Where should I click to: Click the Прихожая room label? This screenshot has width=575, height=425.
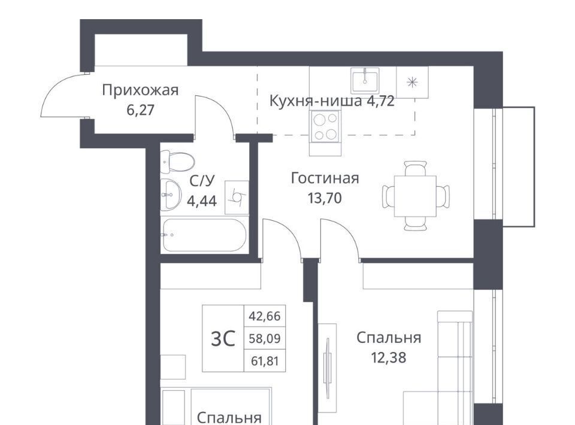click(x=140, y=90)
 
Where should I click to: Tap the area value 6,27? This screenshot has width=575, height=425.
click(x=140, y=110)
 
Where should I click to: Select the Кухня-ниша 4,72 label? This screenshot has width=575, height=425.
click(x=332, y=101)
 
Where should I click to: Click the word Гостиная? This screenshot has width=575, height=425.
click(x=325, y=178)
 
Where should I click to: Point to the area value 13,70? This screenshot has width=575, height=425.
click(x=325, y=198)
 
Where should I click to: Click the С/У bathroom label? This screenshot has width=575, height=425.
click(x=202, y=181)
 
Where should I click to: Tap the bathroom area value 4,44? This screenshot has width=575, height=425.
click(x=202, y=201)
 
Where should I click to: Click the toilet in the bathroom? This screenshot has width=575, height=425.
click(x=177, y=162)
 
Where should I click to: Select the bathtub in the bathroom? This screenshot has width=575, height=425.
click(x=204, y=235)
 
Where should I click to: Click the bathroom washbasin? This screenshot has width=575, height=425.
click(x=171, y=195)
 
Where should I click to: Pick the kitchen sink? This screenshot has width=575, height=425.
click(x=365, y=81)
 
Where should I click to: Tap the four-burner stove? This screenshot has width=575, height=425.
click(x=325, y=126)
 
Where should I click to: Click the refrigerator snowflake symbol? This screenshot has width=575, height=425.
click(x=413, y=83)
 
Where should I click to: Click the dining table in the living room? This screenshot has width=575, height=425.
click(x=416, y=196)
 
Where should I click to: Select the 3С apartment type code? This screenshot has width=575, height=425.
click(x=223, y=339)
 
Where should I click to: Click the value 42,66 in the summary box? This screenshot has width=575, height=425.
click(x=264, y=316)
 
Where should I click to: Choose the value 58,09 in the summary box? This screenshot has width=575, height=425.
click(x=264, y=339)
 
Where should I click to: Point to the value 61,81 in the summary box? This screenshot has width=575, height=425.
click(x=265, y=362)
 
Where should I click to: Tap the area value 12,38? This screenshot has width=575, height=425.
click(x=389, y=357)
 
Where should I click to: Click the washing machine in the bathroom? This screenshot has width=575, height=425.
click(x=237, y=198)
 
